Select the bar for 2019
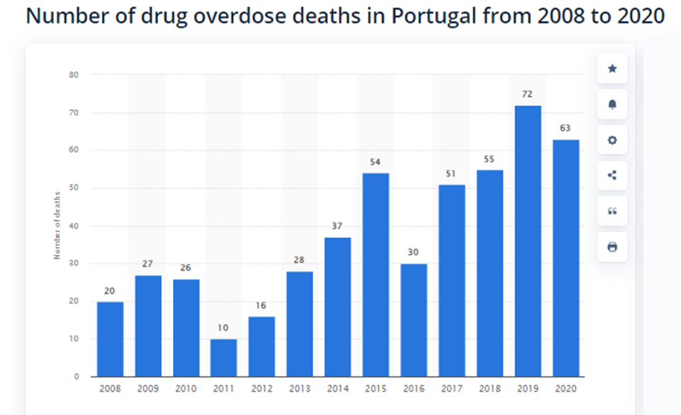(527, 241)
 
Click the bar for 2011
(223, 358)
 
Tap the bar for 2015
(375, 275)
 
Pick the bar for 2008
(110, 339)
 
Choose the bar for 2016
(414, 320)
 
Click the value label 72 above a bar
(527, 94)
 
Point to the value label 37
(338, 226)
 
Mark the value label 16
(262, 305)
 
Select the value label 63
(565, 128)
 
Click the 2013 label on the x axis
(299, 389)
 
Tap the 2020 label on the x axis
(565, 389)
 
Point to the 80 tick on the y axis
(74, 75)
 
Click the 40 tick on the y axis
(74, 226)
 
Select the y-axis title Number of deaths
(57, 226)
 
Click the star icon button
(612, 69)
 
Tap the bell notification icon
(612, 104)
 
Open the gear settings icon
(612, 140)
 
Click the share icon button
(612, 175)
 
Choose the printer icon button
(612, 247)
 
